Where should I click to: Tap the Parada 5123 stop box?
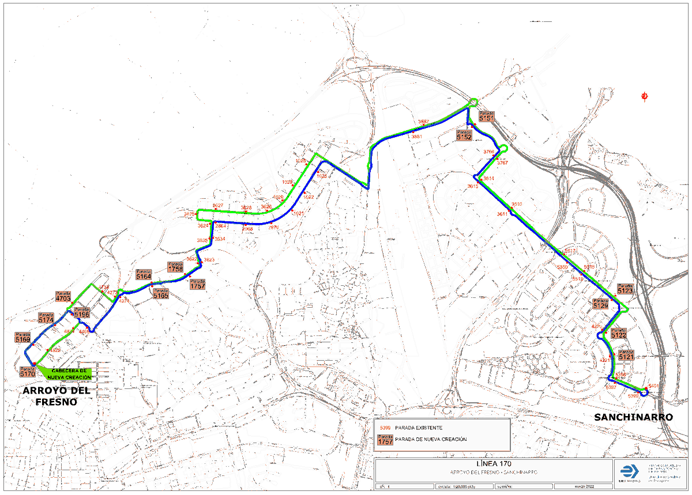click(x=625, y=289)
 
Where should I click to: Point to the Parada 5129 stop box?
click(x=601, y=304)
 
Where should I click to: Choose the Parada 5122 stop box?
click(x=618, y=334)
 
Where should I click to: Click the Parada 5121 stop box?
click(x=626, y=356)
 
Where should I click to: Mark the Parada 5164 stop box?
click(x=144, y=275)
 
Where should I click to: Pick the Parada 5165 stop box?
click(x=161, y=294)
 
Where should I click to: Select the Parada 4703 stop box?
click(x=63, y=297)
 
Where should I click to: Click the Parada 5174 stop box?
click(x=46, y=318)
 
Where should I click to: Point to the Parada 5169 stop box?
click(x=23, y=338)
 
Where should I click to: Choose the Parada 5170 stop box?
click(x=28, y=372)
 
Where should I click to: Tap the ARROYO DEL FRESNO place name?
click(x=57, y=396)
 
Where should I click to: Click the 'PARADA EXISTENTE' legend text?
click(x=419, y=428)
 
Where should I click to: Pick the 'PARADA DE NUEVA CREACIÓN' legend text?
click(x=430, y=440)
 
